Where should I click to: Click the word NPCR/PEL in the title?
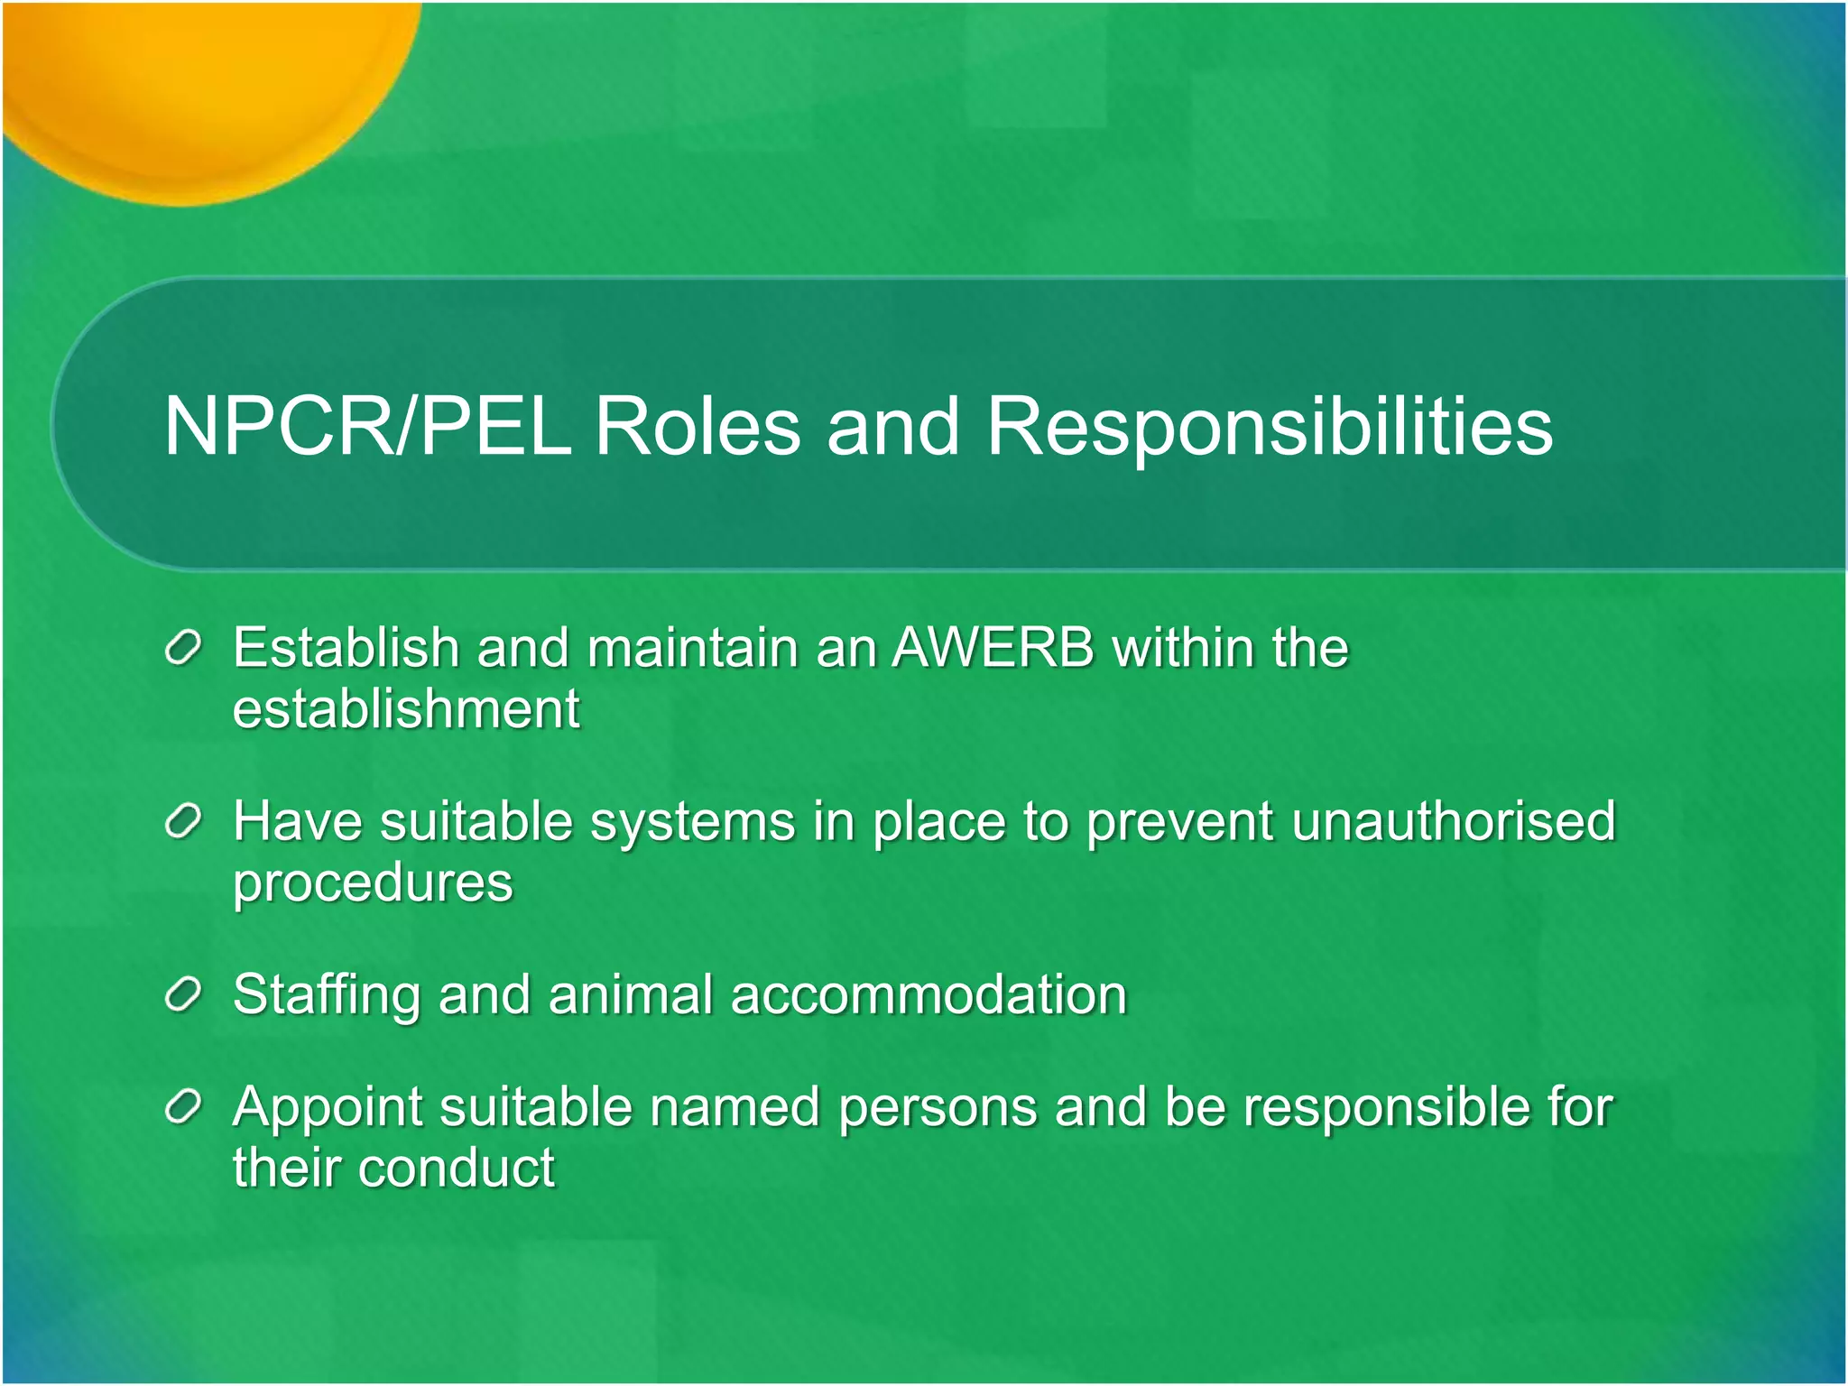(x=367, y=426)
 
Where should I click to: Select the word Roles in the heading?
(x=697, y=426)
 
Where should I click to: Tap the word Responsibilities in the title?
(x=1269, y=426)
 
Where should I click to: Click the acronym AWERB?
(x=993, y=648)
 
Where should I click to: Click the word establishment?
(x=406, y=709)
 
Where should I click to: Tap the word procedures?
(x=373, y=882)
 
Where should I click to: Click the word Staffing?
(x=326, y=996)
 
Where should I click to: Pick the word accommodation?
(x=929, y=996)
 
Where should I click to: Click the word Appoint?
(x=327, y=1108)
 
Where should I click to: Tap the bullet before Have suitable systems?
(x=182, y=822)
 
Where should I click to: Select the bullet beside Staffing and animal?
(x=182, y=996)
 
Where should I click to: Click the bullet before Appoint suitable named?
(x=182, y=1108)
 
